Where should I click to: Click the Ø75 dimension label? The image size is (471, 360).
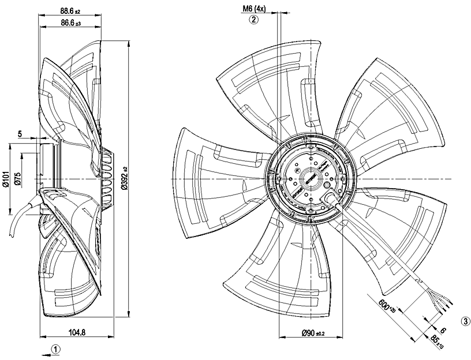coord(18,179)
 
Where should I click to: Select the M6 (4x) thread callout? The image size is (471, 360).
coord(253,9)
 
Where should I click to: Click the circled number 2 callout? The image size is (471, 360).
coord(253,20)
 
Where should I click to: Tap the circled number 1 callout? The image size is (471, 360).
coord(55,348)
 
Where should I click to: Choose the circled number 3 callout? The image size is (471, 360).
coord(465,321)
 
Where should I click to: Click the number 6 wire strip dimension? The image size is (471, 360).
coord(443,329)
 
